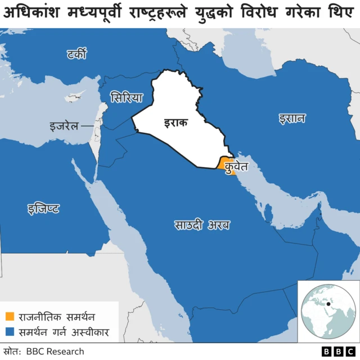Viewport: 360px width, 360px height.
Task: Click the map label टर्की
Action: coord(75,55)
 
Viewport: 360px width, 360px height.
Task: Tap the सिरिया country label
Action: coord(127,96)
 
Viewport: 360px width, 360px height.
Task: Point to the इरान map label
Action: coord(291,118)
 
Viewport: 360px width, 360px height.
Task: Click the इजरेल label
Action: coord(62,126)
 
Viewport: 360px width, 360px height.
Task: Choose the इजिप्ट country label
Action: coord(43,209)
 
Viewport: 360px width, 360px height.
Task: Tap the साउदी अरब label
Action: coord(201,225)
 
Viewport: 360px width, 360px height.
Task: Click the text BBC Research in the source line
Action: coord(55,352)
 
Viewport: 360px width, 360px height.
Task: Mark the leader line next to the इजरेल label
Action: coord(87,126)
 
